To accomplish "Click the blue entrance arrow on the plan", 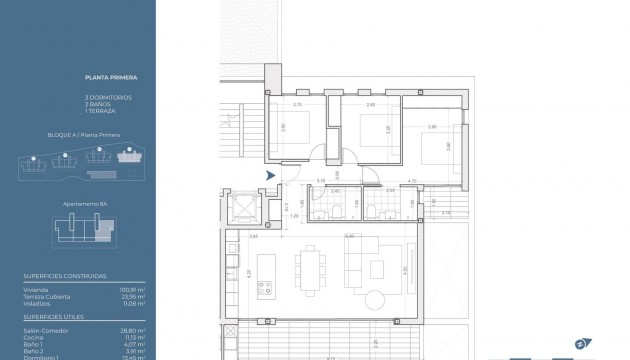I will click(270, 175).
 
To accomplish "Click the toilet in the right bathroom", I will click(372, 209).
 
